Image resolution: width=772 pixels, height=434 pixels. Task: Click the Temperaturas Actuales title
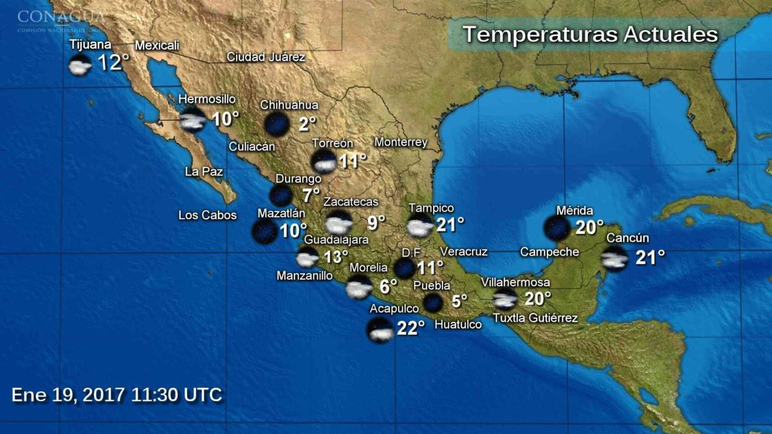tap(590, 34)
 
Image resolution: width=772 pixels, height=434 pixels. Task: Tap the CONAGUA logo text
tap(61, 15)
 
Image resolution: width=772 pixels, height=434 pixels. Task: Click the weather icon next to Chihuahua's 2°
tap(277, 123)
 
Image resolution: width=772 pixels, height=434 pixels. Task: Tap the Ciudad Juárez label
tap(266, 57)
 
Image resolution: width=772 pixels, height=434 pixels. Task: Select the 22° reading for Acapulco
tap(410, 329)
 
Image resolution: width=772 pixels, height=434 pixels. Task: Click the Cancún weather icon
tap(614, 258)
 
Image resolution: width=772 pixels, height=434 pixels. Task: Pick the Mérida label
tap(574, 210)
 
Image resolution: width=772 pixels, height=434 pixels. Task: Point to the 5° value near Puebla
tap(459, 301)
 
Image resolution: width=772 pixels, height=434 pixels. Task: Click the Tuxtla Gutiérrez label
tap(535, 318)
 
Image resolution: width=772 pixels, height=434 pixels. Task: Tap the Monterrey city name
tap(400, 142)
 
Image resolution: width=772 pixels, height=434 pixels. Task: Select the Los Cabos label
tap(207, 215)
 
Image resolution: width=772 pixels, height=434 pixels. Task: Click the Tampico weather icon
tap(419, 226)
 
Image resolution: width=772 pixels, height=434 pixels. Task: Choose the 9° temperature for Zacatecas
tap(376, 222)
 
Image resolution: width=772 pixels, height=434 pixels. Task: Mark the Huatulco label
tap(458, 325)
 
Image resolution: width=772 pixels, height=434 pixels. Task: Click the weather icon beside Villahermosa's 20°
tap(505, 298)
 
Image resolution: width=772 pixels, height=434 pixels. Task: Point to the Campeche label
tap(549, 252)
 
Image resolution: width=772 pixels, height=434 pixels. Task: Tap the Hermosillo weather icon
tap(192, 120)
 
